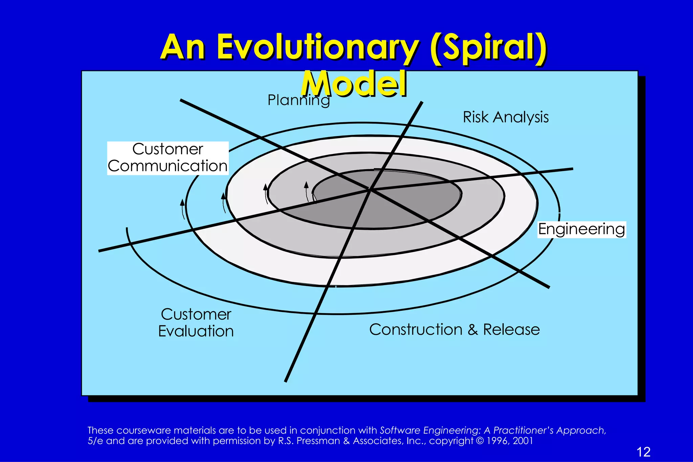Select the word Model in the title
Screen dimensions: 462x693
click(x=354, y=84)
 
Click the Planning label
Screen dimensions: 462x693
click(x=298, y=100)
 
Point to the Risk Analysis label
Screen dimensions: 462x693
click(x=506, y=117)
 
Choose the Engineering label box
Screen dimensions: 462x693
click(x=582, y=229)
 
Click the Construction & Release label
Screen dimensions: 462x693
click(x=454, y=329)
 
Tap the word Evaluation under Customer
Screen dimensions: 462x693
click(x=196, y=331)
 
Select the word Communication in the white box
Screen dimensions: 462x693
click(x=167, y=166)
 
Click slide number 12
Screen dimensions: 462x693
click(x=643, y=452)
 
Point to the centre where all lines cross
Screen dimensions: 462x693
click(x=370, y=190)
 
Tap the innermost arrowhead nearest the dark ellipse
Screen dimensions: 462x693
click(x=306, y=184)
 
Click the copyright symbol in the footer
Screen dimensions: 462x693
click(x=480, y=441)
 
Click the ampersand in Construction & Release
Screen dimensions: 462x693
click(x=473, y=330)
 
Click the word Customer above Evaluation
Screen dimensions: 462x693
click(x=196, y=314)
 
